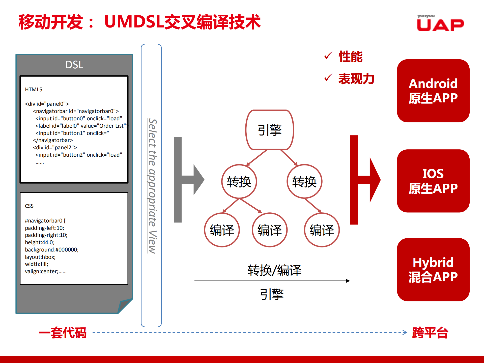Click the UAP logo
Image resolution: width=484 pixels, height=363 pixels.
(x=440, y=23)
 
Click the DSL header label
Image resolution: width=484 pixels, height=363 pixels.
(x=74, y=65)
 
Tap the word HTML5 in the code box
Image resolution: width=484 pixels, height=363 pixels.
(x=34, y=90)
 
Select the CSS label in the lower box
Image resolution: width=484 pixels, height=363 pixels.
(x=29, y=206)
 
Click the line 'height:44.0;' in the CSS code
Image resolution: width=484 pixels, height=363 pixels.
(x=40, y=242)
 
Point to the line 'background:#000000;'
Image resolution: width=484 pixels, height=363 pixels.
(x=52, y=250)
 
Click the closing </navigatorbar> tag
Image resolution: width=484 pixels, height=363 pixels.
(x=53, y=140)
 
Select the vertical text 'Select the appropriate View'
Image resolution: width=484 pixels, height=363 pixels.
(x=152, y=186)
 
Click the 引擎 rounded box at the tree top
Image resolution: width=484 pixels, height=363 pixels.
(x=270, y=130)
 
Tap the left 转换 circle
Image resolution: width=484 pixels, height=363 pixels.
(x=239, y=182)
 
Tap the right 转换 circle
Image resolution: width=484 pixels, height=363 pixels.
(x=304, y=182)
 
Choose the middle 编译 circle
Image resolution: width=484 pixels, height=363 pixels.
(x=269, y=230)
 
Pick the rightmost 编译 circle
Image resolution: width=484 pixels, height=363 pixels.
(x=322, y=230)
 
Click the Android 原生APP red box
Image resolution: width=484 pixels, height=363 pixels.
(x=433, y=91)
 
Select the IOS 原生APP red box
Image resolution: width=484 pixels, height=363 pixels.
(x=433, y=181)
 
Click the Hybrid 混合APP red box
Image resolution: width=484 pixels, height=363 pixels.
(x=433, y=269)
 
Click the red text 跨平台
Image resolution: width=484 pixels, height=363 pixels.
(x=430, y=333)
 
